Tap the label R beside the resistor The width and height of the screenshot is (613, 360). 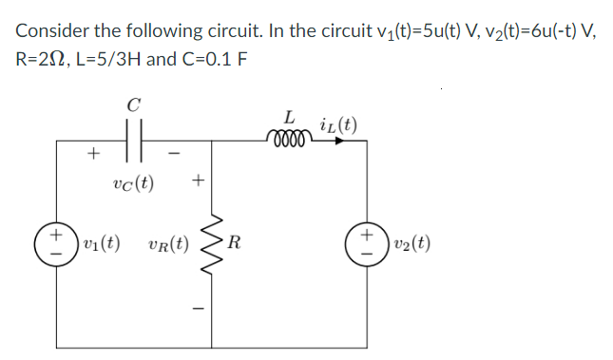pyautogui.click(x=233, y=245)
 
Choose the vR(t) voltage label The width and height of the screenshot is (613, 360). pyautogui.click(x=167, y=245)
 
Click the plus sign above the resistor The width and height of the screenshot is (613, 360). pyautogui.click(x=198, y=178)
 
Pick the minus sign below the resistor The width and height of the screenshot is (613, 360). pyautogui.click(x=198, y=306)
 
